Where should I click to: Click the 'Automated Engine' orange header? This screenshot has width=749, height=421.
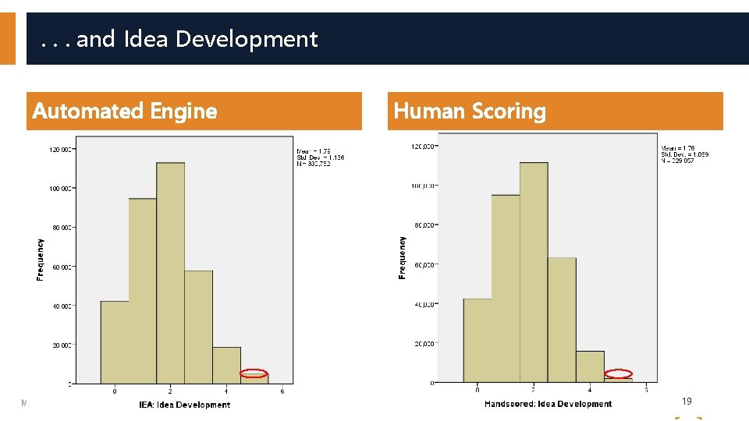pyautogui.click(x=125, y=111)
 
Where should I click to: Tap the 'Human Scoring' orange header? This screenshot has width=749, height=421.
pyautogui.click(x=470, y=111)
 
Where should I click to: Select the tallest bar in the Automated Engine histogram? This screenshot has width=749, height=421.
pyautogui.click(x=170, y=273)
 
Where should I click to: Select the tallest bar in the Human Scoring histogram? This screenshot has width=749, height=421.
pyautogui.click(x=534, y=273)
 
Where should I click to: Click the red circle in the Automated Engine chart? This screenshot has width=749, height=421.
pyautogui.click(x=254, y=373)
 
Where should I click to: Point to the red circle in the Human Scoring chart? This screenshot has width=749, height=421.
pyautogui.click(x=619, y=373)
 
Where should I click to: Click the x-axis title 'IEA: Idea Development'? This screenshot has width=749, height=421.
pyautogui.click(x=185, y=405)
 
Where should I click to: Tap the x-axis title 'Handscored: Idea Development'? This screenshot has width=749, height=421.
pyautogui.click(x=548, y=404)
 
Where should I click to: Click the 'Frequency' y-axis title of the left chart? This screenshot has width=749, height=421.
pyautogui.click(x=41, y=260)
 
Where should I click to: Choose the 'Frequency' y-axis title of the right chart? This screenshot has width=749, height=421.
pyautogui.click(x=403, y=257)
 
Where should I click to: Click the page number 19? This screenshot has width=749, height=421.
pyautogui.click(x=687, y=401)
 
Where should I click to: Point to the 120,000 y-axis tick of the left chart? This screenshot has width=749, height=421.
pyautogui.click(x=62, y=149)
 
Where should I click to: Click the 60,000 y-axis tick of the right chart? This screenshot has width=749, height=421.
pyautogui.click(x=424, y=265)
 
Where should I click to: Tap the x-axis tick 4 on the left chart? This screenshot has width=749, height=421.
pyautogui.click(x=226, y=391)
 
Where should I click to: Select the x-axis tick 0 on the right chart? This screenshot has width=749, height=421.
pyautogui.click(x=477, y=390)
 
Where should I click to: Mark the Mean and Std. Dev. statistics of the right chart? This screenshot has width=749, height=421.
pyautogui.click(x=684, y=154)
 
